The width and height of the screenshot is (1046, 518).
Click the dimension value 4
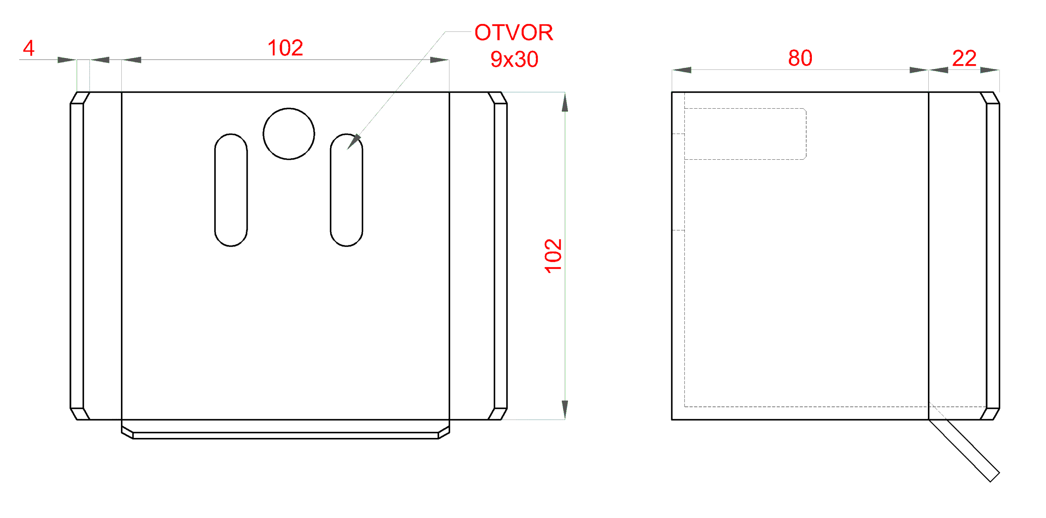(29, 48)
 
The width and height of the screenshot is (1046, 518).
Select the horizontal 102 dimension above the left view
(285, 48)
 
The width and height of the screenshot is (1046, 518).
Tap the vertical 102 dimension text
(553, 256)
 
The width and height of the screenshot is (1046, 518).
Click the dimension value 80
(800, 58)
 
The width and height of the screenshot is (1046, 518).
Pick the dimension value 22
(964, 58)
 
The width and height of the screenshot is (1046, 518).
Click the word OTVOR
(514, 33)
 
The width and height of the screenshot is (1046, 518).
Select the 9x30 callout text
(514, 60)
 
